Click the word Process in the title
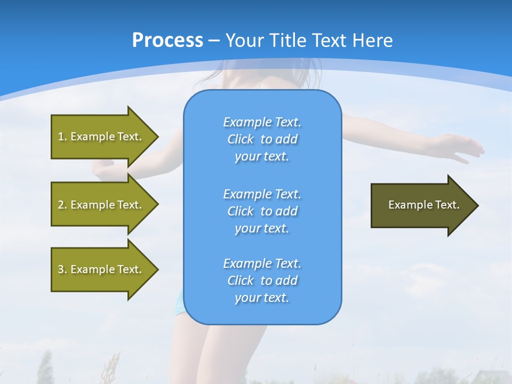pos(167,41)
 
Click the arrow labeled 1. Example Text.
pos(101,137)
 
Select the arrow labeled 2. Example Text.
pos(101,205)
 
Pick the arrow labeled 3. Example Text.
pos(101,269)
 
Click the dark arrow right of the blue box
pos(421,205)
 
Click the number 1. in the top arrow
pos(62,137)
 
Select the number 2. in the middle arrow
pos(62,205)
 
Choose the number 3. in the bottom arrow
pos(62,269)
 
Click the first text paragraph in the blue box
pos(262,139)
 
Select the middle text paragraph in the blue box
pos(262,211)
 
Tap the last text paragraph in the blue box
pos(262,281)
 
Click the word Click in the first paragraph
pos(240,139)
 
